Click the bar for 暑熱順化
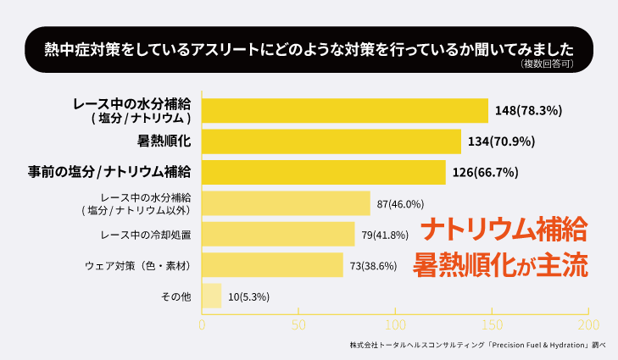pyautogui.click(x=331, y=141)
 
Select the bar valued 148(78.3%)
pyautogui.click(x=345, y=110)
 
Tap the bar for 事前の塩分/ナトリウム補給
pyautogui.click(x=324, y=172)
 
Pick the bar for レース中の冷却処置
pyautogui.click(x=278, y=234)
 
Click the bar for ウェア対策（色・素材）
pyautogui.click(x=272, y=265)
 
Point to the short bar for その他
pyautogui.click(x=211, y=296)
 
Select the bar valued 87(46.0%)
pyautogui.click(x=286, y=203)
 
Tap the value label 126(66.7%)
pyautogui.click(x=484, y=173)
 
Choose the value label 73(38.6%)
pyautogui.click(x=376, y=266)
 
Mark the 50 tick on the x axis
pyautogui.click(x=298, y=324)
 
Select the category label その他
pyautogui.click(x=175, y=296)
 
